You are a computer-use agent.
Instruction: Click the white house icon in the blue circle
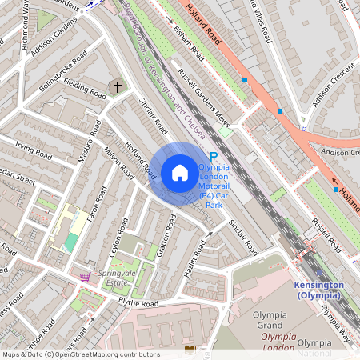pyautogui.click(x=180, y=172)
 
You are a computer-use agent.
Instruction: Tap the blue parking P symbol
pyautogui.click(x=213, y=157)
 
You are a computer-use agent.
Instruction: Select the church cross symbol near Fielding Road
pyautogui.click(x=118, y=86)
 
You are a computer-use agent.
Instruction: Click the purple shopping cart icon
pyautogui.click(x=85, y=277)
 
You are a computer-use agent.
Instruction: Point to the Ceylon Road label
pyautogui.click(x=118, y=233)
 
